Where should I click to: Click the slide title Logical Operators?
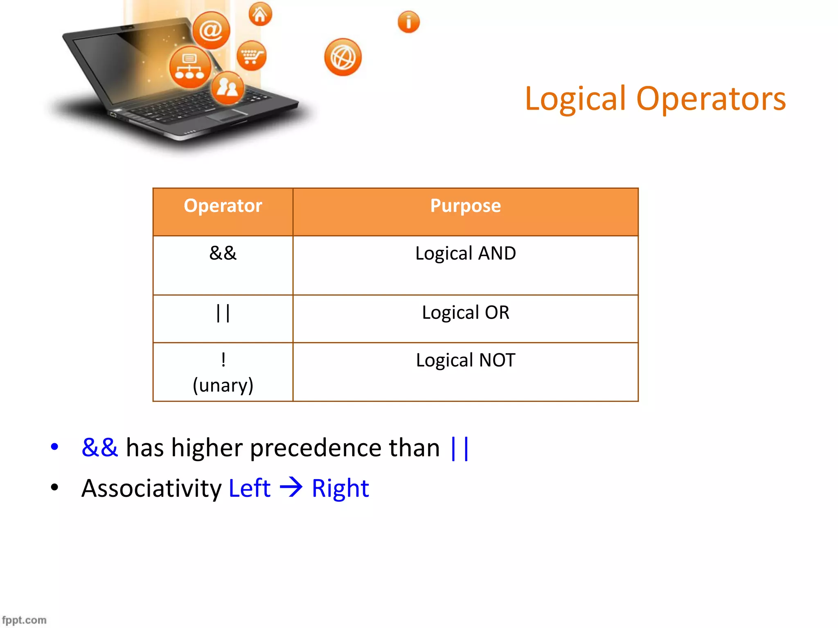(655, 99)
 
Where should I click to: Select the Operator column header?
(223, 206)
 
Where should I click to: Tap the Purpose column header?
(465, 206)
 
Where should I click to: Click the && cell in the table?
(223, 253)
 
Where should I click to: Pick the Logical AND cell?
(465, 253)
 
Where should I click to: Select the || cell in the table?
(223, 313)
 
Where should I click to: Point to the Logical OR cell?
(465, 313)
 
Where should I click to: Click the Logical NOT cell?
(465, 360)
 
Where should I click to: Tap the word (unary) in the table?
(223, 385)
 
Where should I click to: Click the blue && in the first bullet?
(100, 448)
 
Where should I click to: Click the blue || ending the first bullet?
(459, 449)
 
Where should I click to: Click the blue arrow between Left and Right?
(291, 487)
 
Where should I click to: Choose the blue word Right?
(340, 488)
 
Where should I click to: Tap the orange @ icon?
(211, 30)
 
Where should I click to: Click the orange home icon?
(260, 14)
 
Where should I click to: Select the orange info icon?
(408, 22)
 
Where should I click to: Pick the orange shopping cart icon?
(251, 56)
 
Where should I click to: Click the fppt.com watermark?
(24, 620)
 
